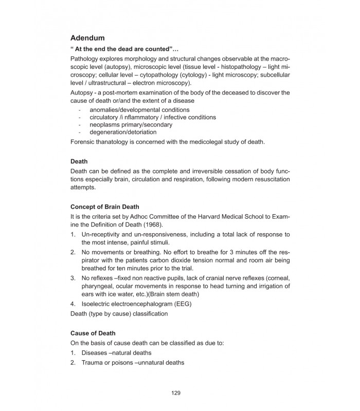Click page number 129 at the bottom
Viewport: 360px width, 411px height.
click(x=176, y=393)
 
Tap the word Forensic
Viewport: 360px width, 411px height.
click(x=83, y=142)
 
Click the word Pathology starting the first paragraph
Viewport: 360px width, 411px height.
click(x=85, y=60)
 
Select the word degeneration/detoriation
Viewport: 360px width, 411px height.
click(x=123, y=132)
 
